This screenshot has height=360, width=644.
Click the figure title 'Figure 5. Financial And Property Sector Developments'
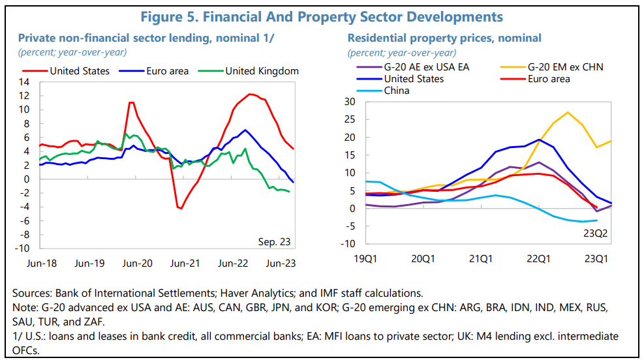[x=322, y=16]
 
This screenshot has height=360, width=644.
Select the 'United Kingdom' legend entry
[x=262, y=71]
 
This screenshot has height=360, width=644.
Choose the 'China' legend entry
[x=396, y=91]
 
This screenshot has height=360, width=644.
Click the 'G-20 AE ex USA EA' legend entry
[x=426, y=67]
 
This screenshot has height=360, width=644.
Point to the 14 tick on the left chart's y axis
[x=25, y=82]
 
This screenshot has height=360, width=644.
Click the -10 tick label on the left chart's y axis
[x=23, y=248]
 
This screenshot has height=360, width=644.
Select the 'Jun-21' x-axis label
[x=184, y=263]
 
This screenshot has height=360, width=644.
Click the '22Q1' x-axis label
[x=539, y=259]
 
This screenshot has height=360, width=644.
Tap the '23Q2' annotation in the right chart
[x=595, y=232]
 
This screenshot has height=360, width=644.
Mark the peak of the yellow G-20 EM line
[x=568, y=112]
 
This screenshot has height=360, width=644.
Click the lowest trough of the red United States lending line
[x=181, y=209]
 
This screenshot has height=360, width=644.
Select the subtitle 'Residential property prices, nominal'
[x=444, y=38]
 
